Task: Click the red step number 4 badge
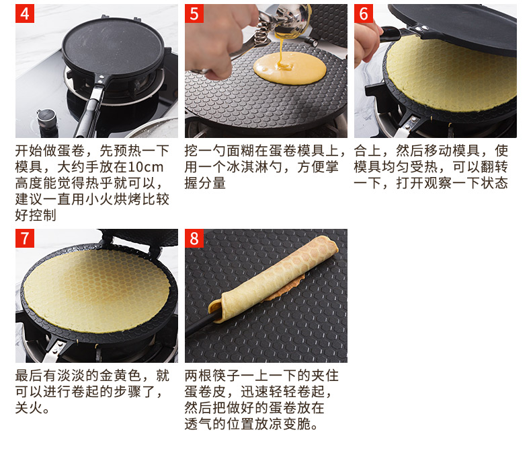(25, 13)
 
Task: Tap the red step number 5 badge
(194, 13)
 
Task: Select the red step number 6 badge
(364, 13)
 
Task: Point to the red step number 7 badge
(25, 238)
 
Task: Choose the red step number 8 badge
(194, 238)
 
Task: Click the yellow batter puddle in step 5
(290, 68)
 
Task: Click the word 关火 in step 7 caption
(29, 407)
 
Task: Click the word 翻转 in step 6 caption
(494, 167)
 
